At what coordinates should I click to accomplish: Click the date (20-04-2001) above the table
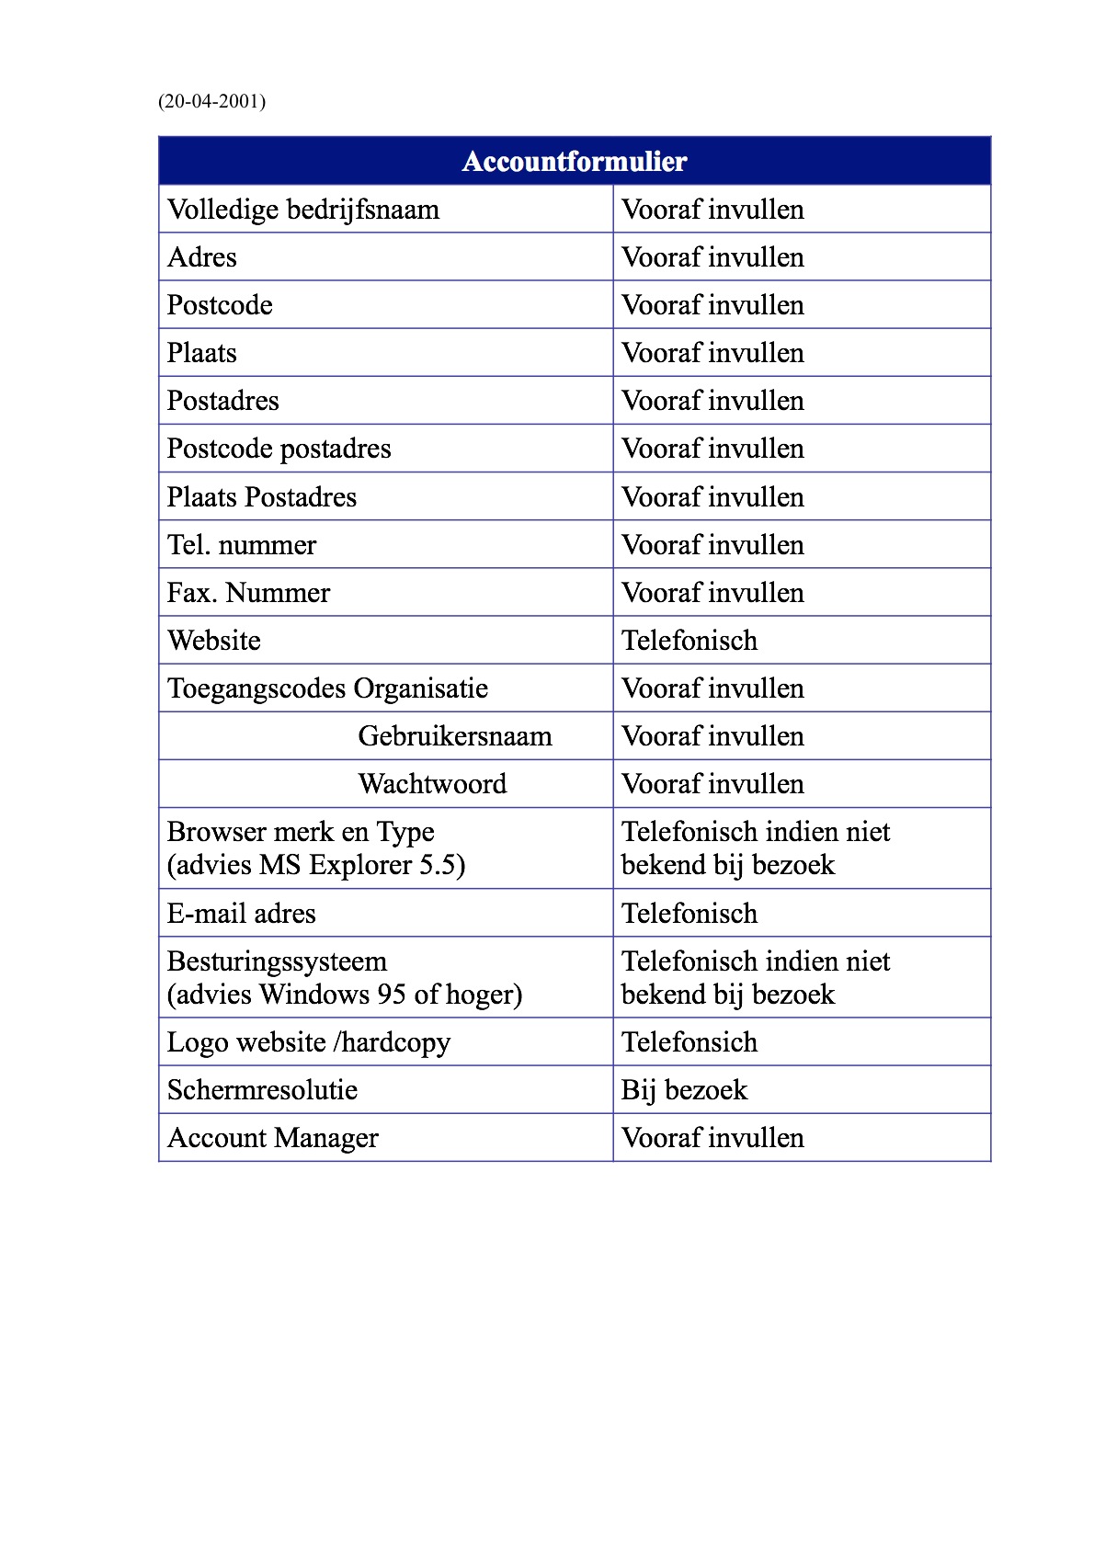[x=211, y=101]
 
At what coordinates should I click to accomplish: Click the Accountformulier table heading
[x=575, y=162]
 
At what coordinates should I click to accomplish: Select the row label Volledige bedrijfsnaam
[x=303, y=210]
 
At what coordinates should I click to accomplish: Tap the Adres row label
[x=202, y=257]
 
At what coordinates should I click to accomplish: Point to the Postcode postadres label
[x=279, y=449]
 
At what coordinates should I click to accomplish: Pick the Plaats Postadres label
[x=262, y=497]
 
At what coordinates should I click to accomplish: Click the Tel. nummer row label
[x=242, y=545]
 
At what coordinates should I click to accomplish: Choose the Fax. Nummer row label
[x=248, y=593]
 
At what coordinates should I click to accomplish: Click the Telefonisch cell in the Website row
[x=689, y=641]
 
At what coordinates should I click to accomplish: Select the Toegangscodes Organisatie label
[x=327, y=688]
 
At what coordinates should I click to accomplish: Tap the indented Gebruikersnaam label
[x=455, y=736]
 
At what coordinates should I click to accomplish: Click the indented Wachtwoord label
[x=432, y=784]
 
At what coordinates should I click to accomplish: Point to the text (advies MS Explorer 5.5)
[x=316, y=865]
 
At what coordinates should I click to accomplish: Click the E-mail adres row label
[x=241, y=914]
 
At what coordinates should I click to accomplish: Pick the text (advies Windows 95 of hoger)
[x=345, y=995]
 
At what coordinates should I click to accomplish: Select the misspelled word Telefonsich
[x=689, y=1042]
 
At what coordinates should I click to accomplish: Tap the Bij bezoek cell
[x=684, y=1090]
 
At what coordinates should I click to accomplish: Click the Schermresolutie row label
[x=262, y=1090]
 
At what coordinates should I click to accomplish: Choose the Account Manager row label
[x=272, y=1138]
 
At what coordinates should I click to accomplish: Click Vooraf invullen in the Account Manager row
[x=712, y=1138]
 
